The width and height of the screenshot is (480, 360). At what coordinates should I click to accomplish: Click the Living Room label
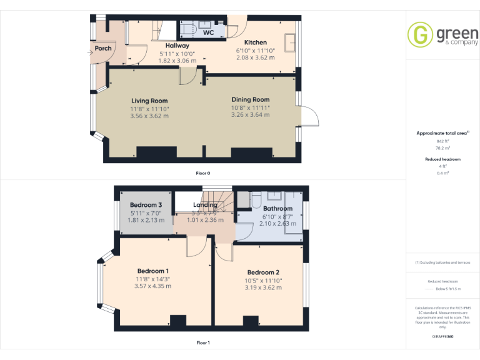coord(149,101)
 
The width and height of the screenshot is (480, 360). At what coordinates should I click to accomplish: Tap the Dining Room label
coord(250,99)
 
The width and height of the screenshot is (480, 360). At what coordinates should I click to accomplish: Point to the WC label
coord(209,32)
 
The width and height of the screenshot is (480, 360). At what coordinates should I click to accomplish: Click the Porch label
coord(103,48)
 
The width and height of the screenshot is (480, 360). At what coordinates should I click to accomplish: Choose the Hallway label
coord(177,46)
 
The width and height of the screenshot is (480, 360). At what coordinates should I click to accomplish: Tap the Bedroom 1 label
coord(152,271)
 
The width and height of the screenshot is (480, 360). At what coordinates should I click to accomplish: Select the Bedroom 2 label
coord(262,272)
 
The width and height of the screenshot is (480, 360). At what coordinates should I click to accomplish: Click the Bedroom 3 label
coord(146,205)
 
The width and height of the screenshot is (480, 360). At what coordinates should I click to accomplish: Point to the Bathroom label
coord(277,209)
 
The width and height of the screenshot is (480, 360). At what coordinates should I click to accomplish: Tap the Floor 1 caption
coord(203,342)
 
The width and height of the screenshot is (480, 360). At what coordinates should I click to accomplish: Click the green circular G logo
coord(419,34)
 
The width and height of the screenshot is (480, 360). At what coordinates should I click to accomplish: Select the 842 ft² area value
coord(442,141)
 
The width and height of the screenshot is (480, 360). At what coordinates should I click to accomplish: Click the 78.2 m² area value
coord(442,148)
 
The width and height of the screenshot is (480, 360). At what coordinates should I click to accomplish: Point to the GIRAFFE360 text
coord(442,337)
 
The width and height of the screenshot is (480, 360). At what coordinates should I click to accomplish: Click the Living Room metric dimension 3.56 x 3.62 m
coord(149,116)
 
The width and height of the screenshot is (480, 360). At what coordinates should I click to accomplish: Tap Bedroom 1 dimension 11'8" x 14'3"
coord(152,279)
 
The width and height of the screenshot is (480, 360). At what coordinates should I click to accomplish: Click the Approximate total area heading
coord(442,133)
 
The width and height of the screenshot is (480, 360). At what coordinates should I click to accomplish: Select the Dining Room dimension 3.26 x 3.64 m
coord(250,114)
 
